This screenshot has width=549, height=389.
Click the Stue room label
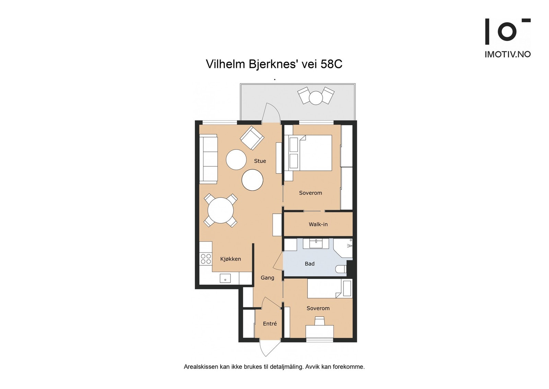260,161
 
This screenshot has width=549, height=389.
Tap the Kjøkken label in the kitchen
230,259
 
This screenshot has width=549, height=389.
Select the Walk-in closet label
318,224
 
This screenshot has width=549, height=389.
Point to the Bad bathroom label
309,264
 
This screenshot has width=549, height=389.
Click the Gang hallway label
267,278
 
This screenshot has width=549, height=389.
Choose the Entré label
270,323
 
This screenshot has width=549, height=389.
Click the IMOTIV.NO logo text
508,55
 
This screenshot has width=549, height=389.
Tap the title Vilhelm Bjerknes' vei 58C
274,64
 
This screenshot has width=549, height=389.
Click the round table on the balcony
316,98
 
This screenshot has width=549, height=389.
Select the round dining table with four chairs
221,210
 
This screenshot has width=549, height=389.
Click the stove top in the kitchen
206,259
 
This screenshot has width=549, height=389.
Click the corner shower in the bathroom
343,248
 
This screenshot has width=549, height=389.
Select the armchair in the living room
252,138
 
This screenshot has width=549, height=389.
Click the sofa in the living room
209,159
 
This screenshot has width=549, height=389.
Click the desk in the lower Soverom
319,331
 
